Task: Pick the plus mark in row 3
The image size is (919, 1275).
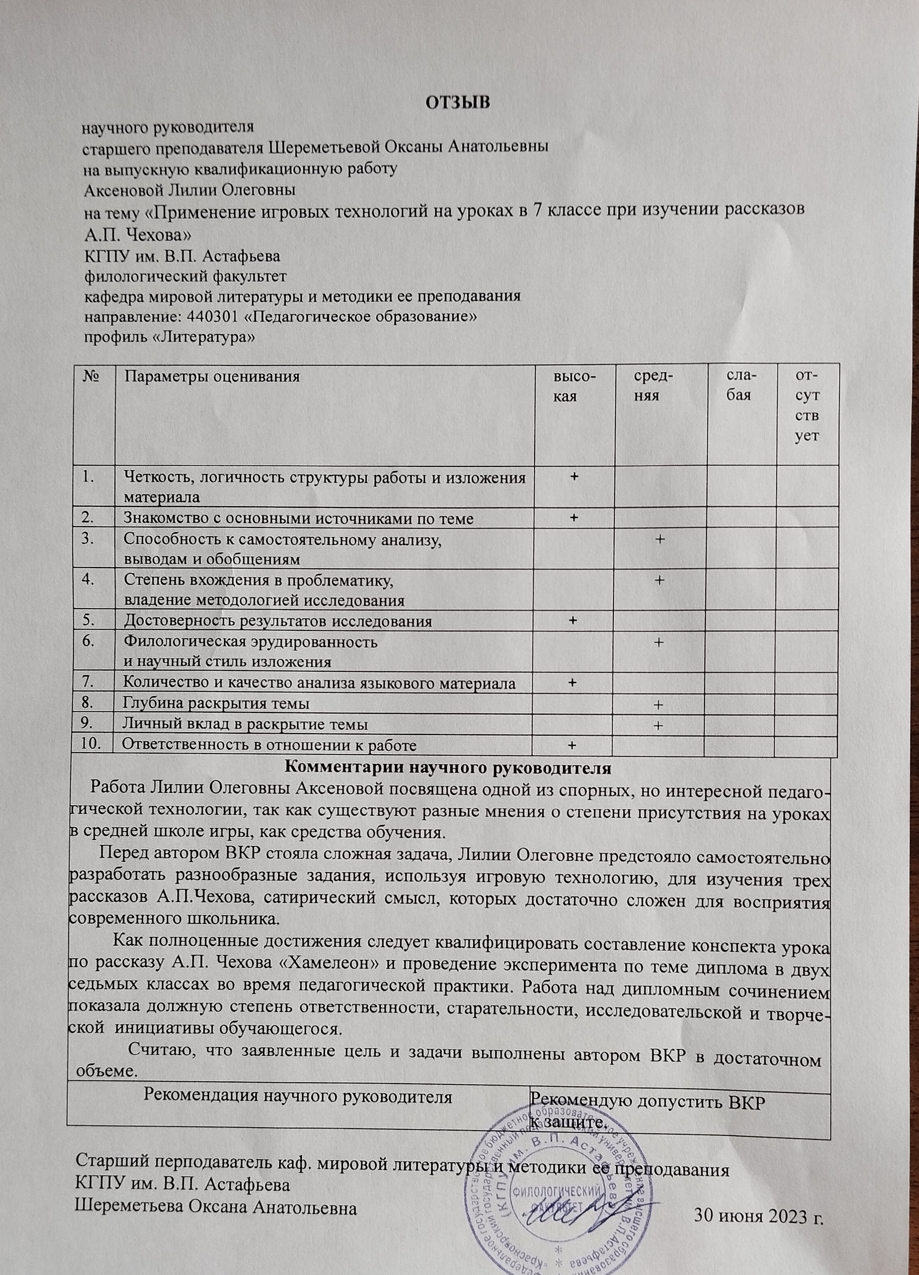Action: pos(658,539)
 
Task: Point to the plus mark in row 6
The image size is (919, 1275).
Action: pos(658,642)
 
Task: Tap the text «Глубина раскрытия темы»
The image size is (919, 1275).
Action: pos(216,703)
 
